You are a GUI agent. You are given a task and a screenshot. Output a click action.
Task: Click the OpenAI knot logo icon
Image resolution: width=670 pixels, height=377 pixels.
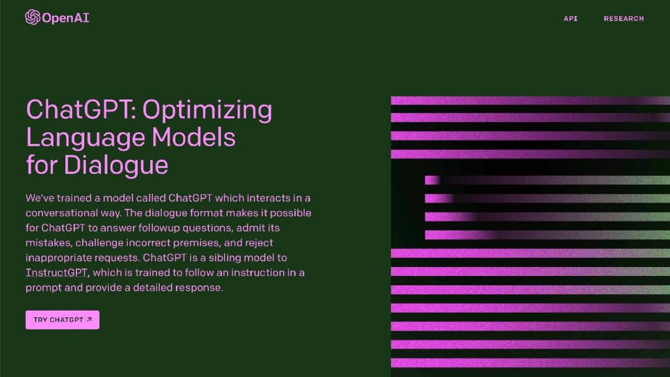click(x=32, y=17)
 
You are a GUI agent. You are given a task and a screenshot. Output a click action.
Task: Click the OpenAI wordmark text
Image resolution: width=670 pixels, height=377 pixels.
click(x=66, y=18)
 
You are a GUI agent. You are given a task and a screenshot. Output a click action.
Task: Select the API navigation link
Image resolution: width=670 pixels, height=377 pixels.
click(x=571, y=18)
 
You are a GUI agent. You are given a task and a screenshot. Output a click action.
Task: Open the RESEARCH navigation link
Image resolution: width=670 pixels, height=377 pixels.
click(x=624, y=18)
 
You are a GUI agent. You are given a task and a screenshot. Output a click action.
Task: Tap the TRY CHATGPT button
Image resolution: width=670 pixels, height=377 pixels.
click(x=63, y=320)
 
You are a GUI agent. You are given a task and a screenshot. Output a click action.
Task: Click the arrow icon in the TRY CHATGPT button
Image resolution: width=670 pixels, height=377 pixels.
click(x=89, y=319)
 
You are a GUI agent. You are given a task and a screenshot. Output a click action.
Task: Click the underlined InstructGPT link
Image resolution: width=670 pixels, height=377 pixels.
click(x=56, y=273)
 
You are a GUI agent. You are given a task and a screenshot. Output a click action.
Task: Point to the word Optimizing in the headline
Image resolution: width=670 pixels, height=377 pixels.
click(x=207, y=111)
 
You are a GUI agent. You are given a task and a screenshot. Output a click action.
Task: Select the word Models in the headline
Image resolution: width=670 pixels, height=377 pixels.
click(x=194, y=137)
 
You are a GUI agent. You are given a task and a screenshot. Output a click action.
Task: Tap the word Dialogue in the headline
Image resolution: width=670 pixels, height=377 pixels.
click(x=116, y=165)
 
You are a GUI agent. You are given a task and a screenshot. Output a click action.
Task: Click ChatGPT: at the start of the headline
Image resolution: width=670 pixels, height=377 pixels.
click(x=82, y=109)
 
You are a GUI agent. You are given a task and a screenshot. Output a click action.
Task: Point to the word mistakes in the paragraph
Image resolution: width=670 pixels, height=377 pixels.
click(x=49, y=242)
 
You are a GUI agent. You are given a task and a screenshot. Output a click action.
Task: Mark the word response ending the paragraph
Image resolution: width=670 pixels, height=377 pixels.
click(x=199, y=288)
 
